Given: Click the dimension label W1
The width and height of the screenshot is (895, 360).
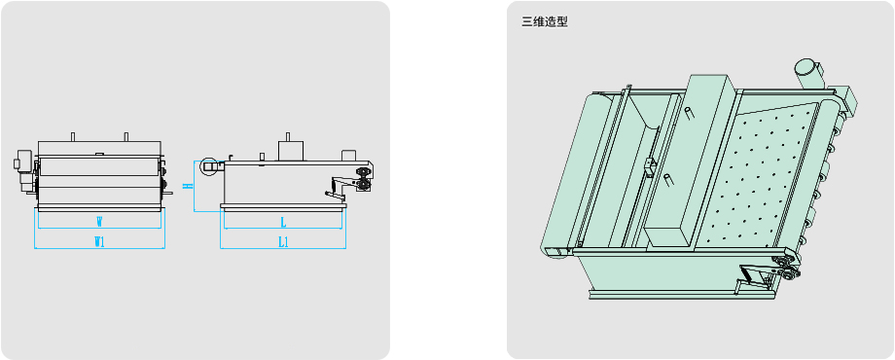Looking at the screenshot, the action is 100,242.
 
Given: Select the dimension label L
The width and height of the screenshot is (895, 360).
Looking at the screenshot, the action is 283,222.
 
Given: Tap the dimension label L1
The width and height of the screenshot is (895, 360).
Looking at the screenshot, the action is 284,242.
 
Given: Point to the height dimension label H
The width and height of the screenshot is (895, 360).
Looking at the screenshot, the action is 186,186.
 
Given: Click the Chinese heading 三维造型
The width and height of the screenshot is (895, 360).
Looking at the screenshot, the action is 545,22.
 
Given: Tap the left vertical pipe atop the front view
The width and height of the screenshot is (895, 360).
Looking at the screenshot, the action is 73,137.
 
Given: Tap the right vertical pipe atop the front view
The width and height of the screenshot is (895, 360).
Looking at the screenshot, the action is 126,137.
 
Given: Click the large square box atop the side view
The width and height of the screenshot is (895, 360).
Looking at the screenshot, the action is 291,151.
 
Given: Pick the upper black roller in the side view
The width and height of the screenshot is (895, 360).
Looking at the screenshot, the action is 362,171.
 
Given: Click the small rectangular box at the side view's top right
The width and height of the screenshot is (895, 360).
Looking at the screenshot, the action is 348,155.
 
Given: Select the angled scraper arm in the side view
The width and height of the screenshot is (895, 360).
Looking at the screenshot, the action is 338,189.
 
